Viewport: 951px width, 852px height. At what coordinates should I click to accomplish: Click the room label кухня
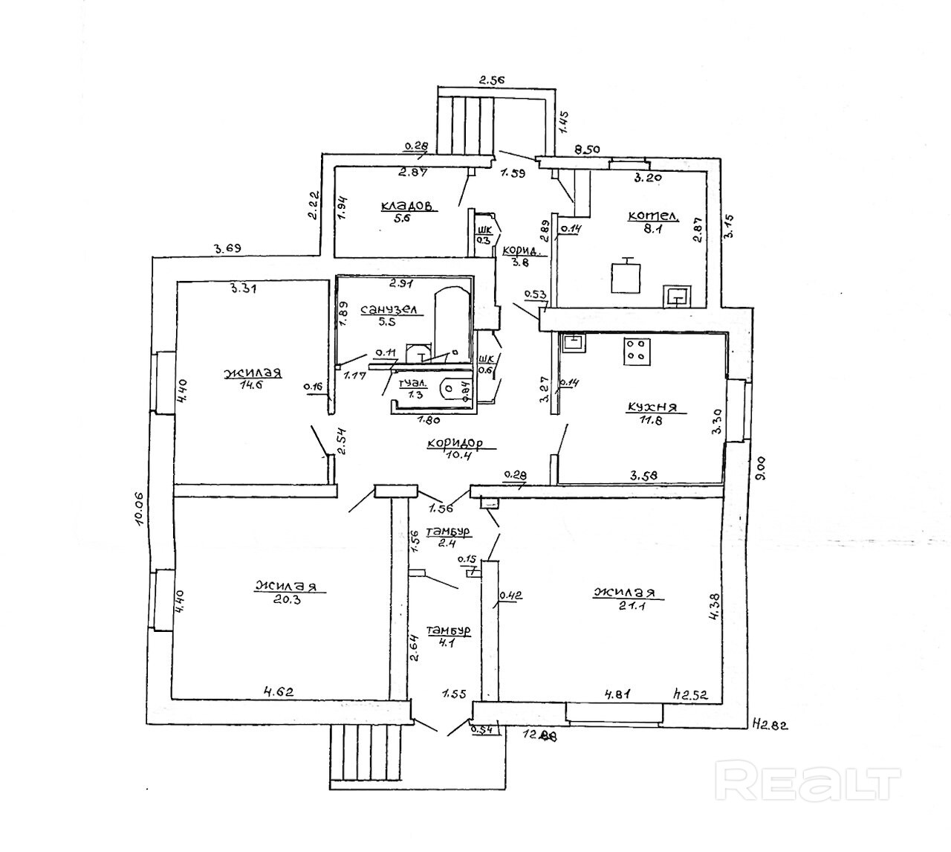[651, 407]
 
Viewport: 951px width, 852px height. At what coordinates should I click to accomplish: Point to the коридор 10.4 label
[454, 445]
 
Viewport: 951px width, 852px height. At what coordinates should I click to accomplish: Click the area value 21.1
[623, 605]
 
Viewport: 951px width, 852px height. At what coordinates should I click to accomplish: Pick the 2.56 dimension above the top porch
[491, 80]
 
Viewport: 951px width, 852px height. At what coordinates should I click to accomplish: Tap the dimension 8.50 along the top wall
[588, 149]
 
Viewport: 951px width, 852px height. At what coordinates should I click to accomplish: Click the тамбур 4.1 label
[449, 637]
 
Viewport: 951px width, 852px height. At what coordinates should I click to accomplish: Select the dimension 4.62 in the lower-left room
[279, 691]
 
